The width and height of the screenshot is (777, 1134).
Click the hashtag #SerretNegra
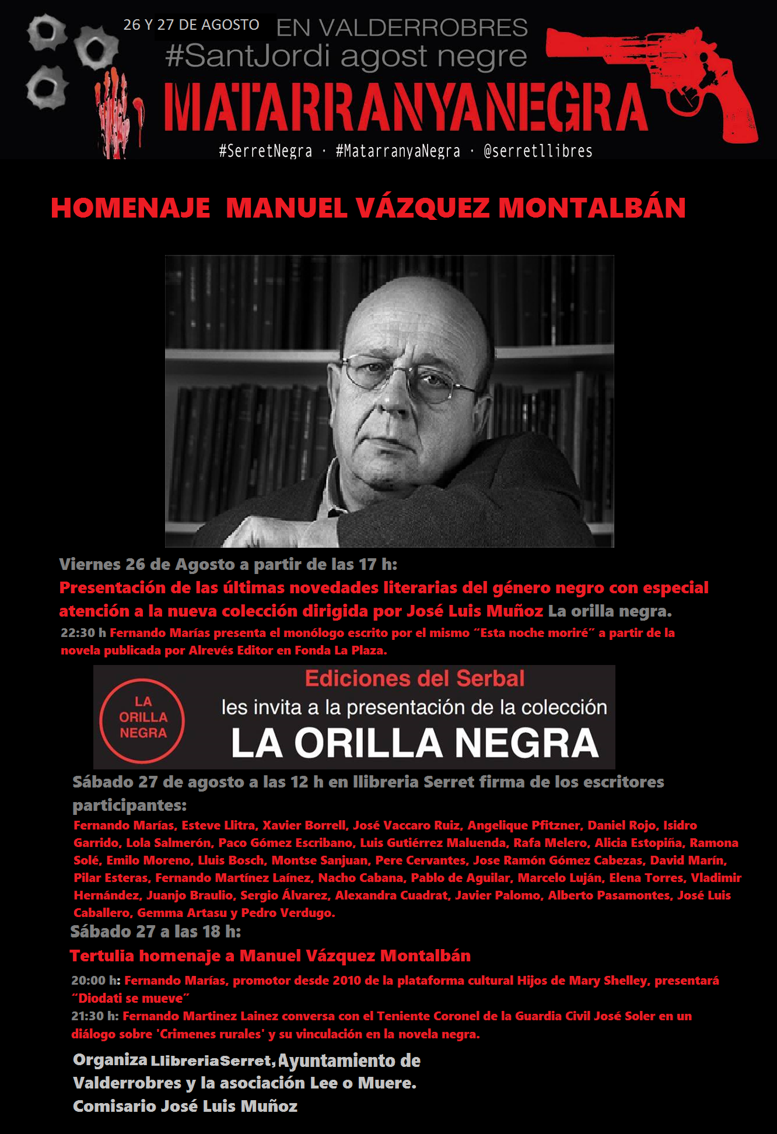(265, 152)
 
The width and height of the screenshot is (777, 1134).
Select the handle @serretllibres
(538, 152)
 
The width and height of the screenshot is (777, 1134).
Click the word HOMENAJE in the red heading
(131, 208)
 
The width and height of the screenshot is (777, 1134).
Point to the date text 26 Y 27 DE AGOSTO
(191, 25)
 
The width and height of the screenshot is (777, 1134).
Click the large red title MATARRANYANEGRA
(406, 108)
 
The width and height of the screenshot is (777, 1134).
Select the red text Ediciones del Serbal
(414, 678)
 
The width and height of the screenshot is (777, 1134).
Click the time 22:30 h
(83, 633)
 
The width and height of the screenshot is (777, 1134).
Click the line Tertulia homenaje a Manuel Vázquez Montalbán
(270, 956)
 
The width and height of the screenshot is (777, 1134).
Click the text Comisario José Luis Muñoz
(185, 1106)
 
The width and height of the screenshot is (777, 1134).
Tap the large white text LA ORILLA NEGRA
(415, 743)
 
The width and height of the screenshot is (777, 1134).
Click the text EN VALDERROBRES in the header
(402, 27)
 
